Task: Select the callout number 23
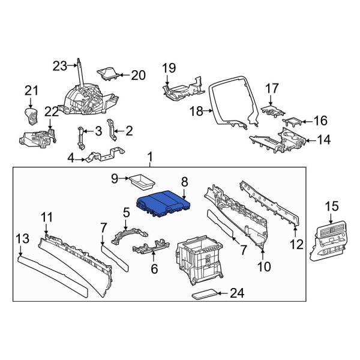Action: point(60,67)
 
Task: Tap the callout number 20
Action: point(138,75)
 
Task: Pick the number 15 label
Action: point(332,207)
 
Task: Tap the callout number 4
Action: point(71,158)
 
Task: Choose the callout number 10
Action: point(264,265)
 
